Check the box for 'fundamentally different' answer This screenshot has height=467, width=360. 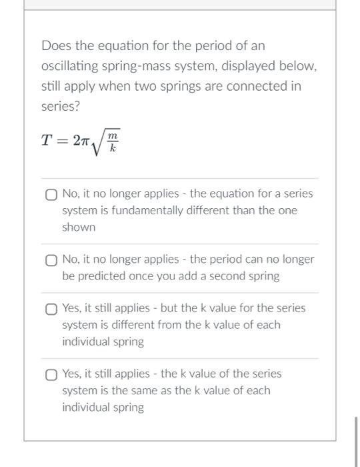pos(51,195)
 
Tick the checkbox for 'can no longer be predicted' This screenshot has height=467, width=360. pos(51,260)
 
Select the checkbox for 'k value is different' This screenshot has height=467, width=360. pos(51,309)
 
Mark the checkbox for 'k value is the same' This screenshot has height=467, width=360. pos(51,374)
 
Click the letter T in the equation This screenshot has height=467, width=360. pos(46,140)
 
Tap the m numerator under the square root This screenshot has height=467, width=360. pos(113,135)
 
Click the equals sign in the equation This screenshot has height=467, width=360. pos(61,140)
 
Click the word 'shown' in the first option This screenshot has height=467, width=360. pos(79,227)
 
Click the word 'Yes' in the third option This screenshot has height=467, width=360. pos(71,308)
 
